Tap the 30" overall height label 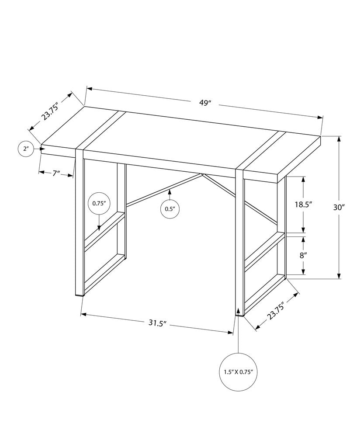tap(339, 208)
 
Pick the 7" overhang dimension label tap(56, 173)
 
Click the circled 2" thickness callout tap(26, 149)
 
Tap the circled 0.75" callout tap(99, 203)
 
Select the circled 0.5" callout tap(170, 209)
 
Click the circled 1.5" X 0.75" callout tap(238, 372)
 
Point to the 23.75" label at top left tap(50, 111)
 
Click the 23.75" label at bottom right tap(277, 311)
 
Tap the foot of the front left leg tap(80, 295)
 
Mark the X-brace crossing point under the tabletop tap(203, 175)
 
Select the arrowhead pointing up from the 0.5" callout tap(170, 191)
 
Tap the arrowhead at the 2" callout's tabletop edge tap(42, 149)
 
